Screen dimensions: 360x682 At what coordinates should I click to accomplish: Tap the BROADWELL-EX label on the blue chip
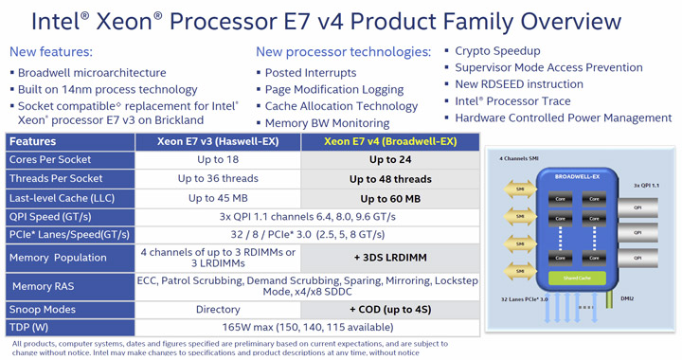pos(578,175)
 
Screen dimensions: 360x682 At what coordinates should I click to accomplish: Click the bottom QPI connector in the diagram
pos(637,258)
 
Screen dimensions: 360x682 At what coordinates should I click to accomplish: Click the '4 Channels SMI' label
pos(520,158)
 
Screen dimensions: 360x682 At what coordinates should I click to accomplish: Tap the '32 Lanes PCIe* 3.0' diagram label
pos(524,299)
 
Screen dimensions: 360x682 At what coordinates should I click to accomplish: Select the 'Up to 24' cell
pos(390,160)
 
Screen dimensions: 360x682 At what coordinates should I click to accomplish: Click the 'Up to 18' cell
pos(218,160)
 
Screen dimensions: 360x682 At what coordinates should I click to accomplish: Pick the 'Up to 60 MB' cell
pos(390,198)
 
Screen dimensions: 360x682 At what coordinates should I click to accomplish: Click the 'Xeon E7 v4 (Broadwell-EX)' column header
pos(390,141)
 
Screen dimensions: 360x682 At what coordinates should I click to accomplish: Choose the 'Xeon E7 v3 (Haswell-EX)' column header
pos(218,141)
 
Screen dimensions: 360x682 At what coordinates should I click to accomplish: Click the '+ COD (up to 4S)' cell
pos(390,309)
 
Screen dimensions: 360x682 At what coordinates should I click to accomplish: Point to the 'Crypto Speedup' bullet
pos(497,51)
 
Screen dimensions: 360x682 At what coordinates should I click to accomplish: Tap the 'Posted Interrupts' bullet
pos(311,73)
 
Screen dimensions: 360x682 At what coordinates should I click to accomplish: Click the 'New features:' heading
pos(51,52)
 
